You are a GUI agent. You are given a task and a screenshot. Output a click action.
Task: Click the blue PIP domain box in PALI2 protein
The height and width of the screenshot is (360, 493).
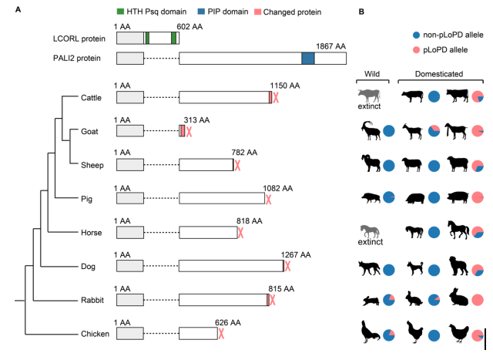click(308, 58)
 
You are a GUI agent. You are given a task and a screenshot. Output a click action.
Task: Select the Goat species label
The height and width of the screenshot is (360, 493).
click(90, 131)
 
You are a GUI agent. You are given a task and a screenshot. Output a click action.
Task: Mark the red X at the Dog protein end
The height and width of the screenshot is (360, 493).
click(287, 266)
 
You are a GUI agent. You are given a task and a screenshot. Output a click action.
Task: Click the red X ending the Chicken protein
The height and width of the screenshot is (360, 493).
click(221, 334)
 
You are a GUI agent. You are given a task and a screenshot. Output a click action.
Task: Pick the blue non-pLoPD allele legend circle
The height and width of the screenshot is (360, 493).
click(417, 35)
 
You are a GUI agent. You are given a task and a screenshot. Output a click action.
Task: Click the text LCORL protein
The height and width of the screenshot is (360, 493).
click(79, 37)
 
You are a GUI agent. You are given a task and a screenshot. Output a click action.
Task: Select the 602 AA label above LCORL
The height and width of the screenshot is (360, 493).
click(189, 26)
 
